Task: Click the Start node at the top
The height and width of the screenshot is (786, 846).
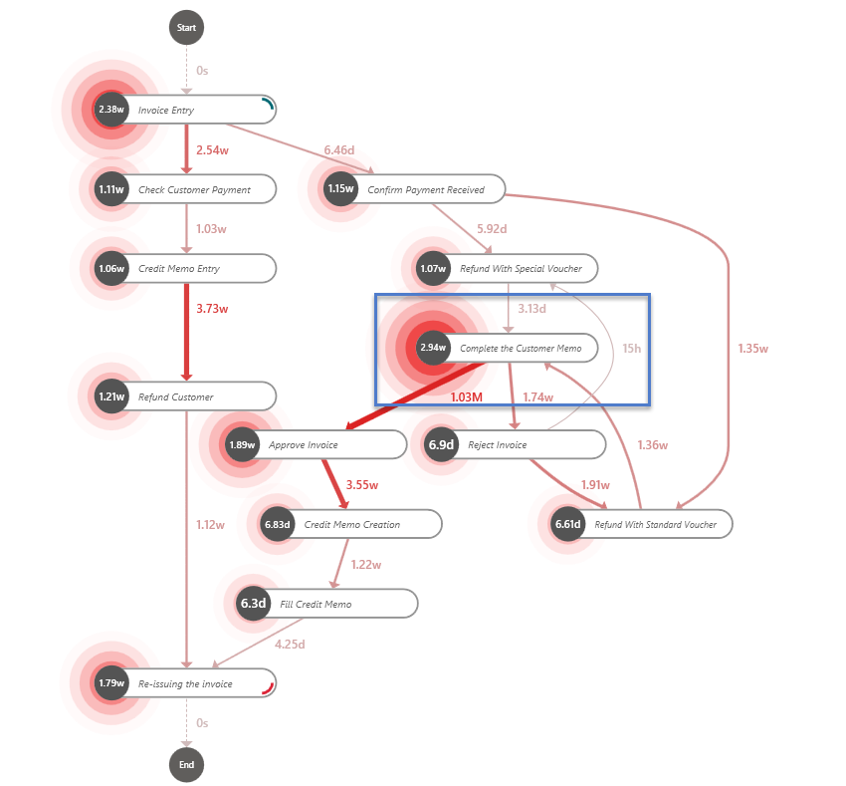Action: [x=186, y=28]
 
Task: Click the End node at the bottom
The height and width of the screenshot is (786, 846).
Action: [x=186, y=764]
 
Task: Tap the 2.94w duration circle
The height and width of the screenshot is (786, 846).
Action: [x=433, y=348]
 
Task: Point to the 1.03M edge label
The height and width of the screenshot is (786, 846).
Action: [x=466, y=397]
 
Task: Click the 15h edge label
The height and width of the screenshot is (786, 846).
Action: [x=632, y=349]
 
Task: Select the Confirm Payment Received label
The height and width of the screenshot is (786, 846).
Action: [x=426, y=189]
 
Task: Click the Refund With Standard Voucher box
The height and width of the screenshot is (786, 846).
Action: [x=654, y=524]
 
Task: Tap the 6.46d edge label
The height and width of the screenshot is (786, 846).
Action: [x=339, y=150]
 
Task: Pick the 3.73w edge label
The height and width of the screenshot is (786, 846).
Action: [x=212, y=309]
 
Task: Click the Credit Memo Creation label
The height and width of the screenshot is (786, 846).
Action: [x=352, y=524]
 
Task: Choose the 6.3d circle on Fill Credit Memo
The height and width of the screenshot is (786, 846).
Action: [x=254, y=604]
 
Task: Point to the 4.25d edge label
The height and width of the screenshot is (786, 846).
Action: [x=289, y=644]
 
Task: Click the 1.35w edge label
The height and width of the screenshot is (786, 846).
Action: [x=752, y=349]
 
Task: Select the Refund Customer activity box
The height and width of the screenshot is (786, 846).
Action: [x=189, y=396]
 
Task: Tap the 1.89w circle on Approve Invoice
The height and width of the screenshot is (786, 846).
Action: [x=242, y=444]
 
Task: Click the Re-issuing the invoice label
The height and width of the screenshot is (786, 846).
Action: [x=185, y=683]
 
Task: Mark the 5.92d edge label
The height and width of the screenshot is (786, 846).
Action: [x=491, y=229]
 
